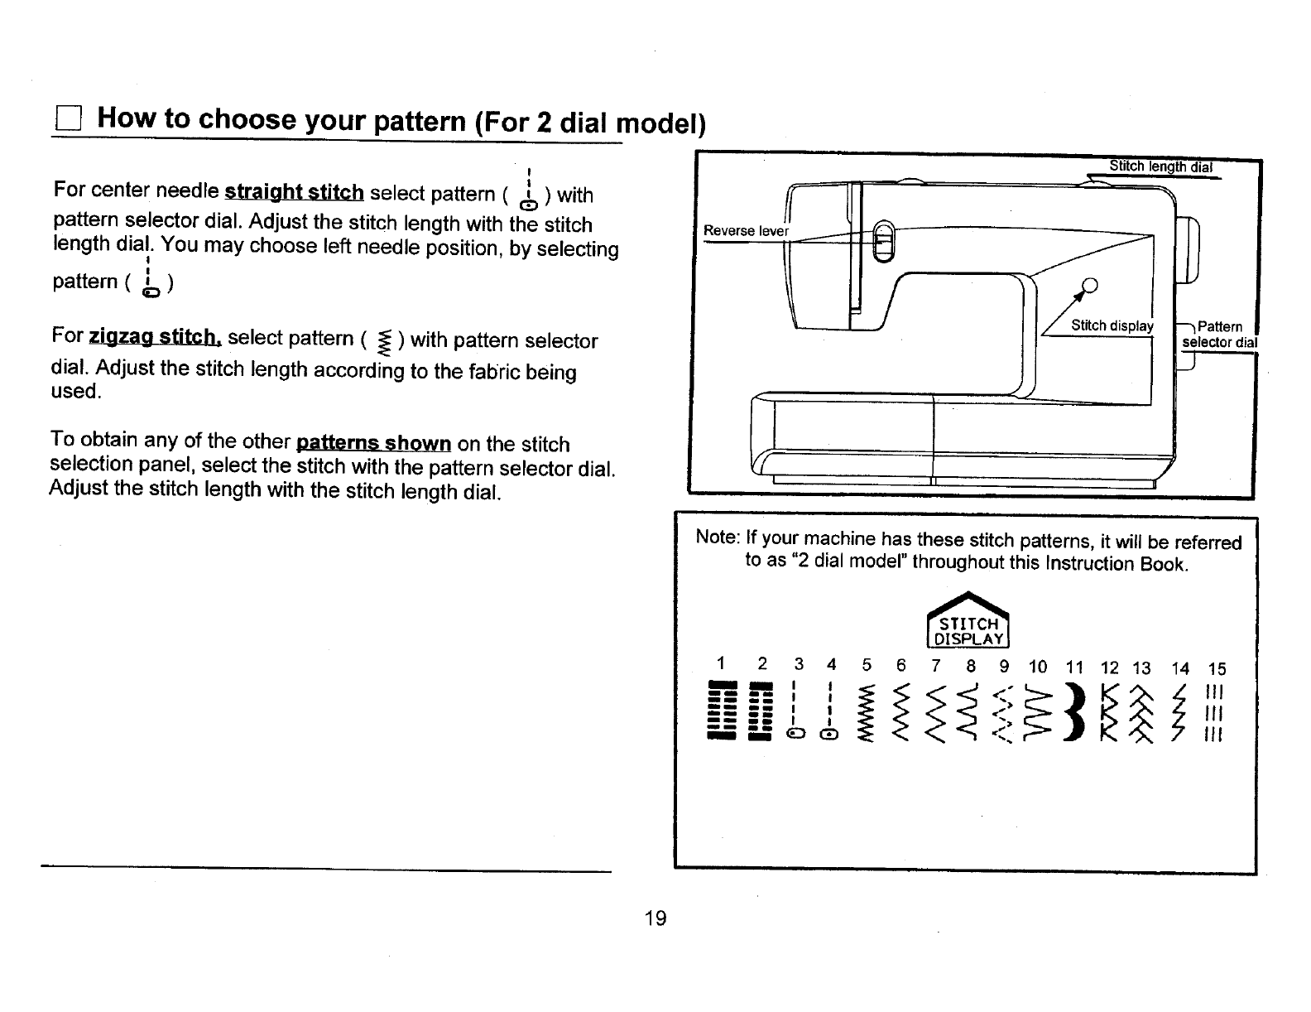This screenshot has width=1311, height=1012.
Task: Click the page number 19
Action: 655,918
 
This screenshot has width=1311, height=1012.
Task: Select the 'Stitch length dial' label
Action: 1160,166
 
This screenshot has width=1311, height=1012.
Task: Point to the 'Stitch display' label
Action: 1112,325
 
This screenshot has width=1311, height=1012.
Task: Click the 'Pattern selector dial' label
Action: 1219,335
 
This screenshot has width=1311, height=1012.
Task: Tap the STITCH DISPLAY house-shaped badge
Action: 968,623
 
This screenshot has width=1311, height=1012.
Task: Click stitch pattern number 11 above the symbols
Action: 1073,667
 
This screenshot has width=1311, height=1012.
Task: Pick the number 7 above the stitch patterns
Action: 935,666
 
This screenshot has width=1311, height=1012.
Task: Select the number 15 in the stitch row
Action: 1216,669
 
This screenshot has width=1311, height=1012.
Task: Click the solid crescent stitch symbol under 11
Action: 1075,712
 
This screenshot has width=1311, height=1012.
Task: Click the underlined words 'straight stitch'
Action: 294,193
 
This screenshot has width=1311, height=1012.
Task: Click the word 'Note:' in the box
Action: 717,537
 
